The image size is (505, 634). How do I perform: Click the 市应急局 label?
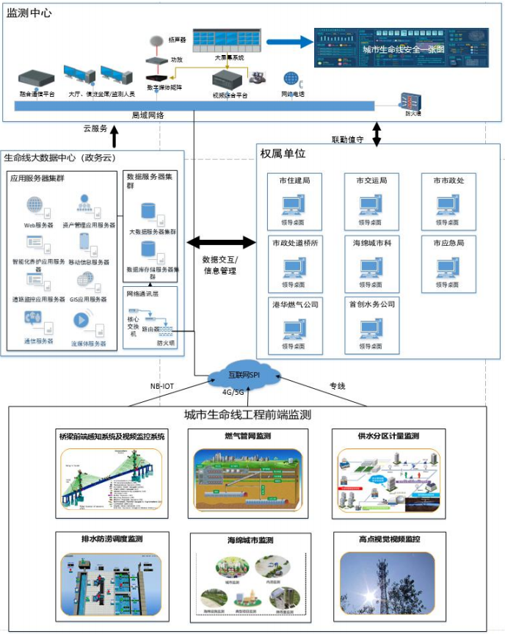point(448,242)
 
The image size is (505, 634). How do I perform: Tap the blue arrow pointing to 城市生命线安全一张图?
point(289,42)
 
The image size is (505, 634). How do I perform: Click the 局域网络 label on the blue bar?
point(148,115)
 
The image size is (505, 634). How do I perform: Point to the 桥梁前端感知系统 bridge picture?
point(111,478)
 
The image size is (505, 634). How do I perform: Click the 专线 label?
point(337,385)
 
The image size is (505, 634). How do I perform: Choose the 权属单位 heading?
point(283,153)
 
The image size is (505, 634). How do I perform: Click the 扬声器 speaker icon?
point(156,41)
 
